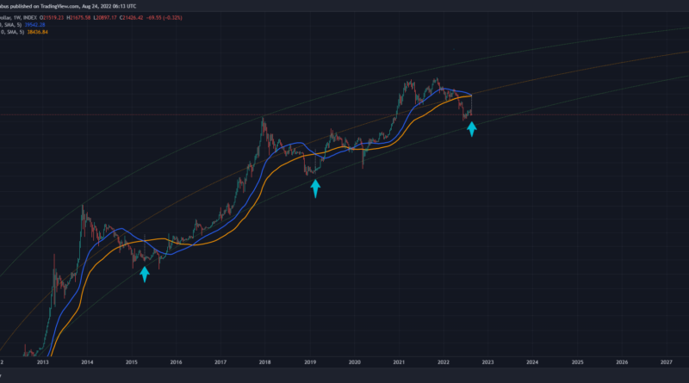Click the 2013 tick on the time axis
pos(42,365)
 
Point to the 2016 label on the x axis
pos(176,365)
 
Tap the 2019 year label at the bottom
pos(310,365)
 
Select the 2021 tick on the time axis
pos(400,365)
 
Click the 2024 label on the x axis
pos(532,365)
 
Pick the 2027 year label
pos(667,365)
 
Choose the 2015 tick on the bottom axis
pos(132,365)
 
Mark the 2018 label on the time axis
pos(265,365)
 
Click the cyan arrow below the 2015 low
pos(145,274)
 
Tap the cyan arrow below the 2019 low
pos(315,188)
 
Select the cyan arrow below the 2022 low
pos(472,129)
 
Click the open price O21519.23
pos(65,15)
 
